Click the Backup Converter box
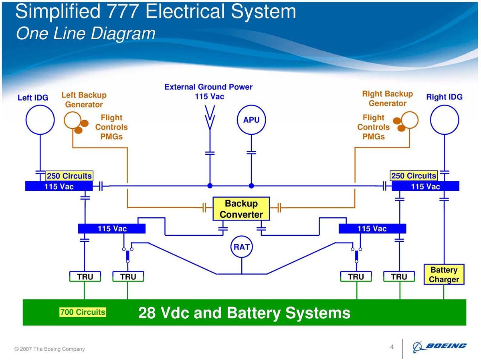[x=241, y=209]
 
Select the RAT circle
[x=242, y=247]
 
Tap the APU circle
[x=251, y=120]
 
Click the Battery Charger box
[x=444, y=275]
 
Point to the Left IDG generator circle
[x=40, y=120]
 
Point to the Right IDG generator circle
[x=444, y=120]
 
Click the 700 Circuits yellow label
[x=83, y=312]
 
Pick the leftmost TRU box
[x=85, y=277]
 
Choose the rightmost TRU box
[x=399, y=277]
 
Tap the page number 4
[x=392, y=347]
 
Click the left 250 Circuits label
[x=69, y=176]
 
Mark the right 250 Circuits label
[x=413, y=176]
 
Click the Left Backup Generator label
[x=84, y=100]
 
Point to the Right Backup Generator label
[x=387, y=99]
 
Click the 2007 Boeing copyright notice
[x=50, y=349]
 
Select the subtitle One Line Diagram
[x=85, y=33]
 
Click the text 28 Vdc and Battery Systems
[x=244, y=313]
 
